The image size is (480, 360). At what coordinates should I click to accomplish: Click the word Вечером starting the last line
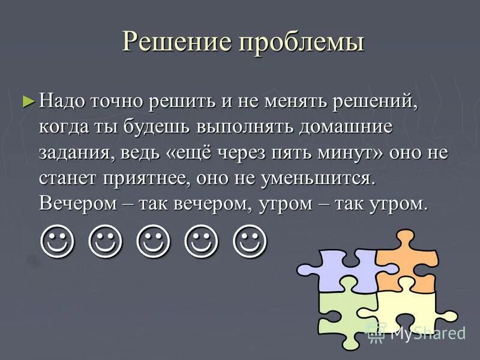tap(75, 204)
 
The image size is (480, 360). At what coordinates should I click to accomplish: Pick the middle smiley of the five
tap(154, 241)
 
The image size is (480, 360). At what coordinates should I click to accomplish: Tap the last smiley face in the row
tap(250, 241)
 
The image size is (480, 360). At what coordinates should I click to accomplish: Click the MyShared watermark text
tap(427, 333)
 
